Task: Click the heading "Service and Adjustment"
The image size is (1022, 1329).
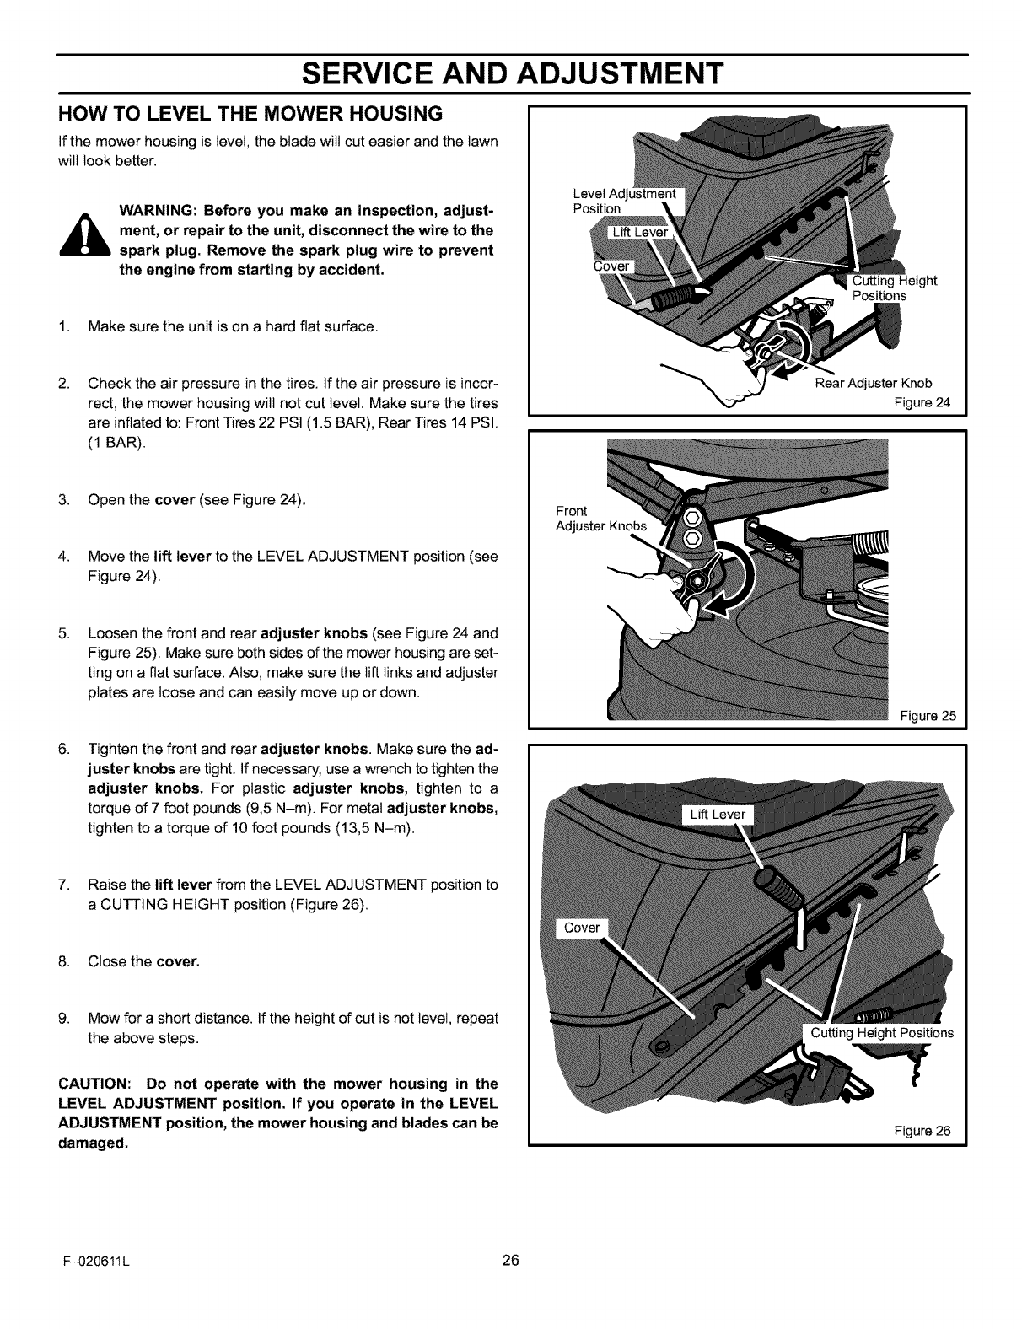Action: [x=511, y=73]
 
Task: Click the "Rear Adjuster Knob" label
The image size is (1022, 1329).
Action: [x=874, y=383]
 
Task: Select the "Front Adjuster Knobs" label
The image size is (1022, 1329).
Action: [x=600, y=519]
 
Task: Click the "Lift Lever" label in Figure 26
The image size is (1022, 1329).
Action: [x=717, y=815]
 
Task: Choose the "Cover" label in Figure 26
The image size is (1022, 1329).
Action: [x=581, y=928]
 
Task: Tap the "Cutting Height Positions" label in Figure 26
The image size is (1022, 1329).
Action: [x=881, y=1033]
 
